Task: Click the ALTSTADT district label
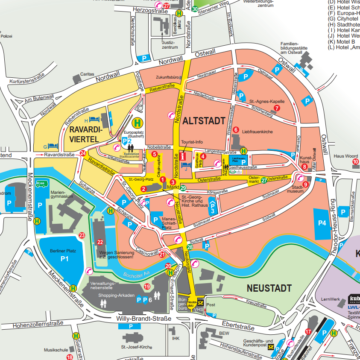(203, 121)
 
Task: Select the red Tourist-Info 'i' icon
(184, 156)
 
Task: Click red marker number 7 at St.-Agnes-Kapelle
(277, 108)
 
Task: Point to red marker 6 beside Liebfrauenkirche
(235, 130)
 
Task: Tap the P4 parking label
(321, 222)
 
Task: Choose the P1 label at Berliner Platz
(64, 258)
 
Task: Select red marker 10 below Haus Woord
(355, 162)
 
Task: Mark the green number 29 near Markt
(183, 188)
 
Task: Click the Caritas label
(87, 74)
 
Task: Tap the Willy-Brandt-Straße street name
(143, 319)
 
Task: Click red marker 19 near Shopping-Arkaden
(147, 287)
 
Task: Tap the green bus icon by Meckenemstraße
(41, 184)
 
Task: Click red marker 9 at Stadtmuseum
(305, 184)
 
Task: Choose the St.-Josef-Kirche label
(136, 347)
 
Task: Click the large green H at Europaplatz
(138, 123)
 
